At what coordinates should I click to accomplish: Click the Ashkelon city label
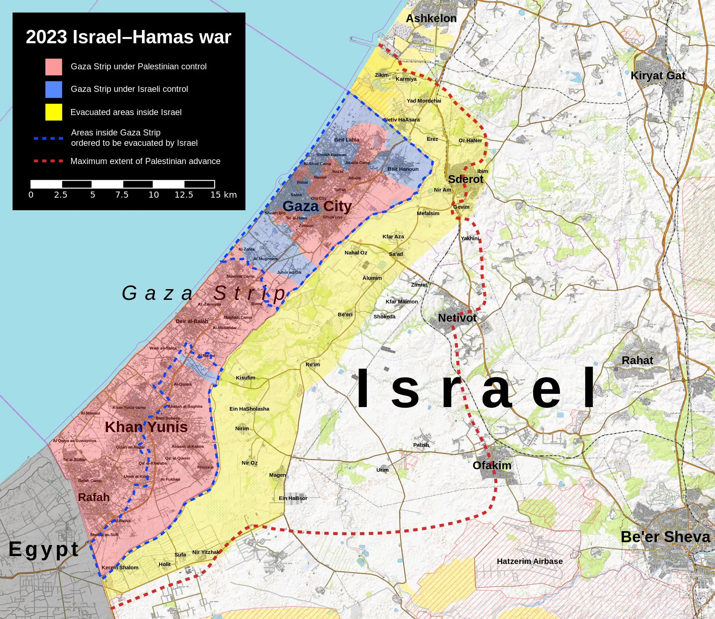point(431,19)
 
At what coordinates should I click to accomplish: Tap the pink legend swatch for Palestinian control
point(54,67)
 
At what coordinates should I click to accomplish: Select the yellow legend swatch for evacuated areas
point(54,112)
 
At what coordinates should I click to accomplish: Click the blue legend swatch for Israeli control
point(54,89)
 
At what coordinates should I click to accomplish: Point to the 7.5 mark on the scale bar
point(122,195)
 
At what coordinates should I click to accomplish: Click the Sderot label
point(465,179)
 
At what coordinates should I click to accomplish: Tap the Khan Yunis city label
point(146,427)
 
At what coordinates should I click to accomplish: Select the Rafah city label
point(94,497)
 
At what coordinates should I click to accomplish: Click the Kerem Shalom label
point(120,568)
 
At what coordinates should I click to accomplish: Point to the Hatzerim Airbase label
point(529,561)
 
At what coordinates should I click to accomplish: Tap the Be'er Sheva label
point(665,537)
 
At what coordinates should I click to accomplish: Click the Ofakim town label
point(492,465)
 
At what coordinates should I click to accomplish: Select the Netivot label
point(457,318)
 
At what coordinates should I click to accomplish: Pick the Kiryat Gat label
point(658,75)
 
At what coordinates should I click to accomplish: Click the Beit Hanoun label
point(403,169)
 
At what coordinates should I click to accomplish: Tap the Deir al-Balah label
point(192,321)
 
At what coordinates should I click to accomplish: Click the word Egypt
point(44,549)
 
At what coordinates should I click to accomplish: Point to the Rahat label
point(637,360)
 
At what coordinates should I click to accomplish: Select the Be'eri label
point(345,315)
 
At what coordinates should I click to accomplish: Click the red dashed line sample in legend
point(49,161)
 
